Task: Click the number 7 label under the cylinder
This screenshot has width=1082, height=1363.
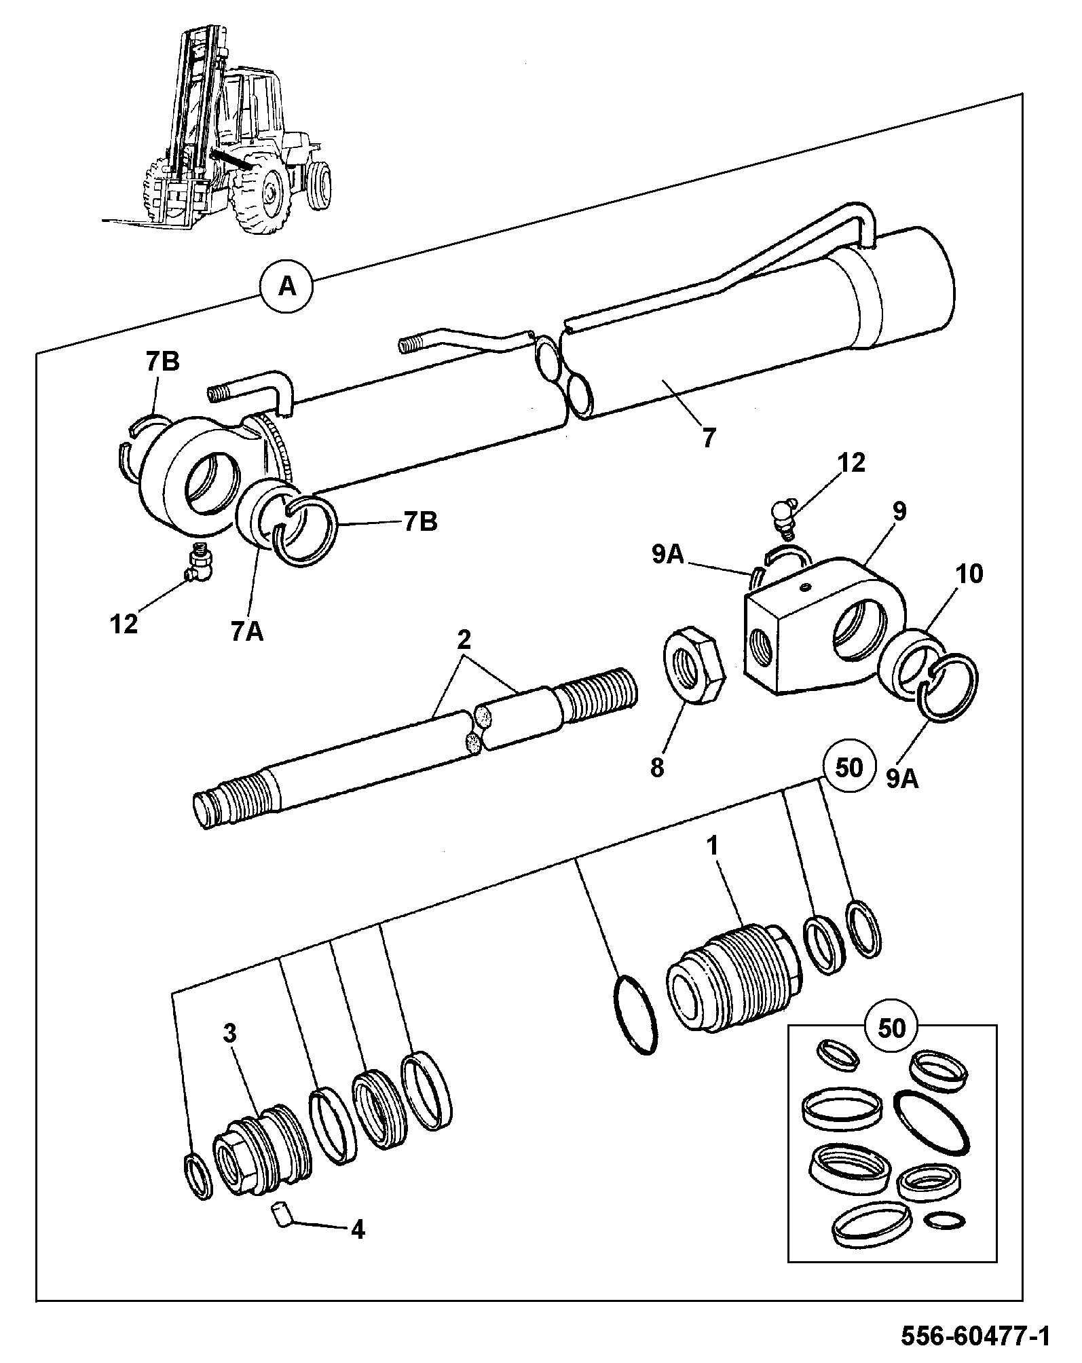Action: tap(709, 438)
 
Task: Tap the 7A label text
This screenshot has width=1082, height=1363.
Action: tap(246, 631)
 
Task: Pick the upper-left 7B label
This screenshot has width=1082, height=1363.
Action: tap(162, 362)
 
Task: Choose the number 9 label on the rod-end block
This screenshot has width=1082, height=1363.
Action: tap(899, 511)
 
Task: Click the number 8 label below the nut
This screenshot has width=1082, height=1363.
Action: tap(656, 768)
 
